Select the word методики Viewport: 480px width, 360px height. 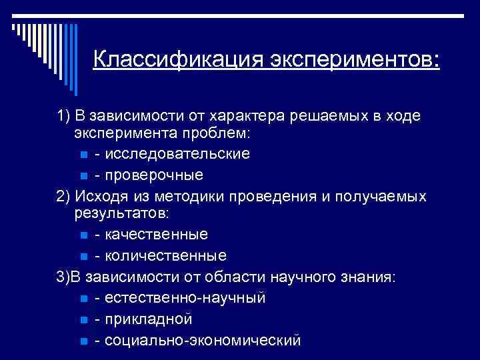[x=186, y=195]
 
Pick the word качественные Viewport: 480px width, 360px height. [x=151, y=235]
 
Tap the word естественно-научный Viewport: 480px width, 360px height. [x=180, y=297]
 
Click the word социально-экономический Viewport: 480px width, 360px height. [x=197, y=340]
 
